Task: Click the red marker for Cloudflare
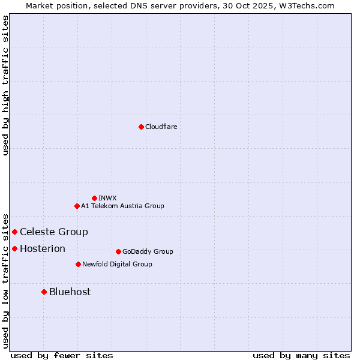[141, 127]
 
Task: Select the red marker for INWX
[94, 198]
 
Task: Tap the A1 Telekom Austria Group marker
[77, 206]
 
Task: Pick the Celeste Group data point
[14, 232]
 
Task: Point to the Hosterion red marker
[14, 248]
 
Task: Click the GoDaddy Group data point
[118, 251]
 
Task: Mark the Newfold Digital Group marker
[78, 264]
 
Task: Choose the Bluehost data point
[44, 292]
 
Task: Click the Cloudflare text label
[161, 127]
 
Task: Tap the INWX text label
[107, 198]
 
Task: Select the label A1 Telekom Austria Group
[122, 206]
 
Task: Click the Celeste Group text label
[54, 232]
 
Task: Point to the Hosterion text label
[43, 248]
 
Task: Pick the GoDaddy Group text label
[148, 251]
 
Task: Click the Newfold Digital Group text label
[117, 264]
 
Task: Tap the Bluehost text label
[70, 292]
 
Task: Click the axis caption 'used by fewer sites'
[62, 355]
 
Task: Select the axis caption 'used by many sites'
[301, 355]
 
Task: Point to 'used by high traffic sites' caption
[5, 85]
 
